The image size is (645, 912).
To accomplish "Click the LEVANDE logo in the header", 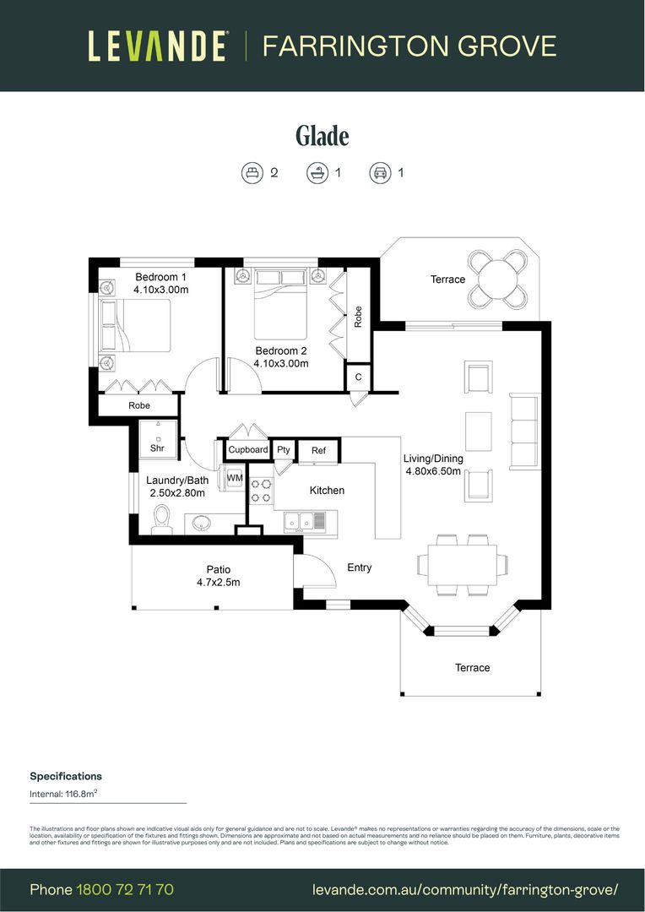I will click(157, 46).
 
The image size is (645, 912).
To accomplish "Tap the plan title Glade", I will click(322, 135).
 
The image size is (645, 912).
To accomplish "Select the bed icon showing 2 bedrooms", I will click(252, 173).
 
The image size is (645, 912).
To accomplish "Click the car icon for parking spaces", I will click(379, 173).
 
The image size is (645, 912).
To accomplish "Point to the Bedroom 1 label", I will click(160, 277).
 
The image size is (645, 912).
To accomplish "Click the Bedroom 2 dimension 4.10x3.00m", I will click(281, 364).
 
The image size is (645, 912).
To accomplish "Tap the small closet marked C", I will click(358, 377).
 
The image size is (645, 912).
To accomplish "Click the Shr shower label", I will click(157, 448).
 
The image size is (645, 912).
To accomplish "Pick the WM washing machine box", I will click(234, 478).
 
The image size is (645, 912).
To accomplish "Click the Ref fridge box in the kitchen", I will click(318, 450).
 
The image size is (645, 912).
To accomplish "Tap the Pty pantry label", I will click(284, 450).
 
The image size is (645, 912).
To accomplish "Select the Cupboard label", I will click(247, 450).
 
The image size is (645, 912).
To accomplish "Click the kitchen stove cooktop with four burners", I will click(260, 492).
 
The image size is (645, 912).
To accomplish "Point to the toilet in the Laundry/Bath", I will click(161, 520).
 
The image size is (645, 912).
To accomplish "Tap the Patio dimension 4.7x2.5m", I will click(219, 582).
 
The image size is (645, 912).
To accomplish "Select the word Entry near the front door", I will click(360, 567).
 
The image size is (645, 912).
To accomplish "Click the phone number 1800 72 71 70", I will click(125, 889).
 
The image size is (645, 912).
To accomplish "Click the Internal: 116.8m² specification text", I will click(64, 794).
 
